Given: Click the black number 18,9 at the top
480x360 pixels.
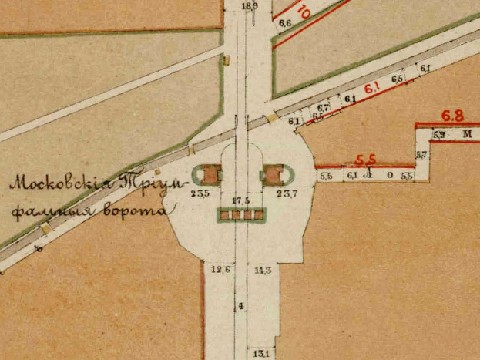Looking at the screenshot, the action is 249,7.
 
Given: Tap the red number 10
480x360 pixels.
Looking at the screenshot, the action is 302,12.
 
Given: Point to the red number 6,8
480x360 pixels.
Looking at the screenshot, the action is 453,116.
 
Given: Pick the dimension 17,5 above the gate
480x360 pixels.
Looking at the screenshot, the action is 240,200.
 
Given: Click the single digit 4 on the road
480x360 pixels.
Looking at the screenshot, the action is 241,306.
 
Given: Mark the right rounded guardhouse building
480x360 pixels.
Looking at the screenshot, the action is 273,175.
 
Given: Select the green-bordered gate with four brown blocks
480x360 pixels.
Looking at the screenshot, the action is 242,215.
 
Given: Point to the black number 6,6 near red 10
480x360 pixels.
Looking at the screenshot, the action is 284,24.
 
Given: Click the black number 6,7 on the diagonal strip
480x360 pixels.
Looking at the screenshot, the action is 323,107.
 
